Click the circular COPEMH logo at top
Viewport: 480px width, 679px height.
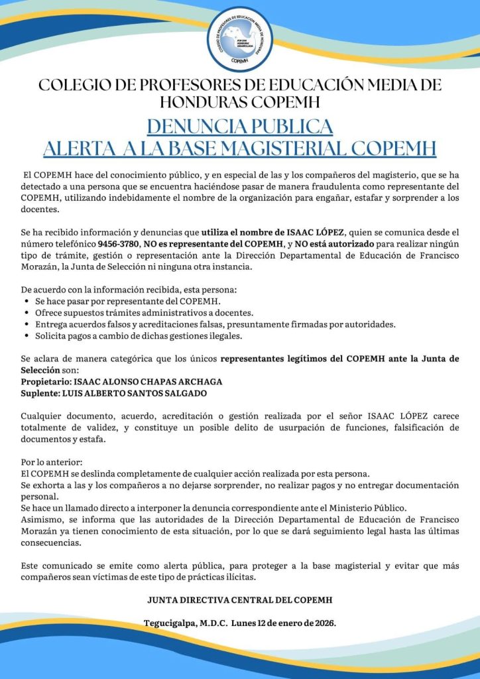[x=240, y=39]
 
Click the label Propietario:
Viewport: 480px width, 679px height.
[x=47, y=383]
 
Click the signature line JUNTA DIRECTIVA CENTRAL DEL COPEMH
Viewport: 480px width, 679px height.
[x=239, y=600]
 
